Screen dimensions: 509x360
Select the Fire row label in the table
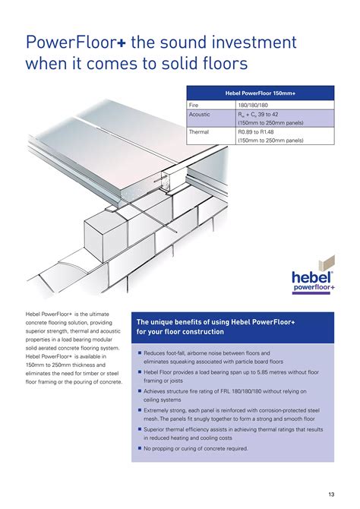pyautogui.click(x=194, y=104)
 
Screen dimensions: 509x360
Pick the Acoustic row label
pyautogui.click(x=200, y=113)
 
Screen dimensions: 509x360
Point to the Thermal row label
pyautogui.click(x=199, y=131)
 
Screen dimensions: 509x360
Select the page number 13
pyautogui.click(x=332, y=495)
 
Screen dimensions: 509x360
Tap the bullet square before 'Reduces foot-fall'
pyautogui.click(x=140, y=353)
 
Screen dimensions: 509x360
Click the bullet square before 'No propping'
pyautogui.click(x=140, y=448)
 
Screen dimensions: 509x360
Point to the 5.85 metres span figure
pyautogui.click(x=275, y=372)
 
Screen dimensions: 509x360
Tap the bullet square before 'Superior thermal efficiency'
pyautogui.click(x=140, y=429)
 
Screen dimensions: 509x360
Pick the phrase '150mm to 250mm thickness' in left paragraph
pyautogui.click(x=58, y=365)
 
